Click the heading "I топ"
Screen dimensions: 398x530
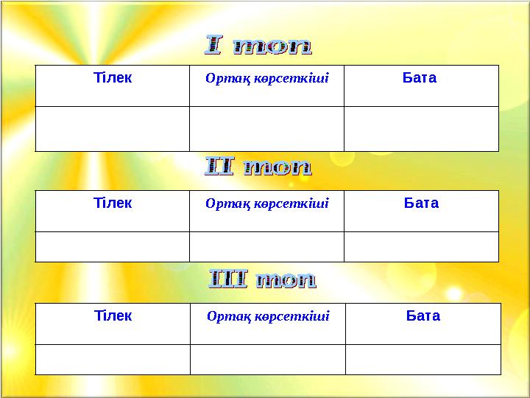click(258, 46)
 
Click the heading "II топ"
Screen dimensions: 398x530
click(258, 168)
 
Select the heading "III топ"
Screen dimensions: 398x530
click(263, 280)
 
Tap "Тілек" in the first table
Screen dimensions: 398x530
click(113, 77)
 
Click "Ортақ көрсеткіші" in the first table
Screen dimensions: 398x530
click(266, 78)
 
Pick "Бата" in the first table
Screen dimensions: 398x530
click(420, 77)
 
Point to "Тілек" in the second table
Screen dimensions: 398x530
click(113, 203)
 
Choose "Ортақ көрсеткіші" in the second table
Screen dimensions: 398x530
click(266, 203)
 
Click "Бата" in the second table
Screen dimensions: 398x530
click(421, 203)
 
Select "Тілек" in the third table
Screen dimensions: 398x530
click(113, 315)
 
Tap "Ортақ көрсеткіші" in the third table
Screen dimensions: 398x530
click(268, 316)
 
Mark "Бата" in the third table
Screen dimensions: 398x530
click(423, 315)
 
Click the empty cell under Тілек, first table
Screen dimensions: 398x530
click(112, 129)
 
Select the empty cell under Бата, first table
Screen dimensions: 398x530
click(421, 129)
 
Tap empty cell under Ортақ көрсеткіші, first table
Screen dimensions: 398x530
click(266, 129)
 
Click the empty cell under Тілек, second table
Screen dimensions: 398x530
click(112, 247)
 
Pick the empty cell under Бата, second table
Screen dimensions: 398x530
click(421, 247)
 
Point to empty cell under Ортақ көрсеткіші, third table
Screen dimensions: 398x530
click(268, 359)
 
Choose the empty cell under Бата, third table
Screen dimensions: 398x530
click(423, 359)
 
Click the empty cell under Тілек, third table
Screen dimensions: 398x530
click(113, 359)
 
